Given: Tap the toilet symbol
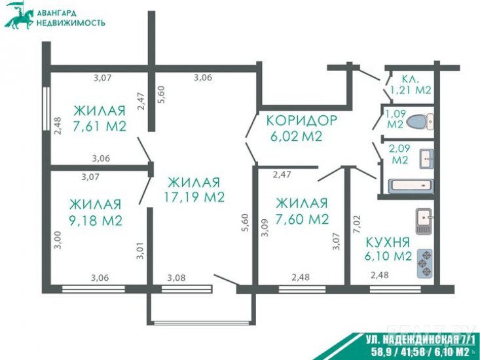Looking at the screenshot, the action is click(x=420, y=122).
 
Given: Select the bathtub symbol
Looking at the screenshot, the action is click(x=411, y=186).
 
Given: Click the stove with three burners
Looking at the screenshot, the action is click(x=425, y=263).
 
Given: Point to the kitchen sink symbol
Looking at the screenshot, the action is click(x=424, y=220).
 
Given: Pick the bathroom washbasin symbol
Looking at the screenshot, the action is click(x=426, y=159).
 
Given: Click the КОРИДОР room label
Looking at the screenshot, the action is click(x=301, y=120).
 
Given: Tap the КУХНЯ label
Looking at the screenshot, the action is click(x=388, y=243).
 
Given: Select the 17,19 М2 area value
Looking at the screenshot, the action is click(x=194, y=197).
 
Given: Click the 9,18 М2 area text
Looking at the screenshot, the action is click(x=96, y=220).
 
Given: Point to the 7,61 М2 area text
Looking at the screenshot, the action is click(x=100, y=126).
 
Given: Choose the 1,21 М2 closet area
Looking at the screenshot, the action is click(x=411, y=90).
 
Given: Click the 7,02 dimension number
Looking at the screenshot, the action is click(x=357, y=225).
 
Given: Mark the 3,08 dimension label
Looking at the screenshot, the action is click(x=176, y=278).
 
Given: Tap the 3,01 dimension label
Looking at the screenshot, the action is click(x=140, y=251).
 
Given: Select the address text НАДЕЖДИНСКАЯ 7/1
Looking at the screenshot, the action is click(x=421, y=340).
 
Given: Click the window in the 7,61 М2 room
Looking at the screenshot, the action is click(x=46, y=109).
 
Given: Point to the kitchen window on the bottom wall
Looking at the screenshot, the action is click(x=395, y=289).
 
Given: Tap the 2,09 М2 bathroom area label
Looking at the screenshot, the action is click(x=400, y=154).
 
